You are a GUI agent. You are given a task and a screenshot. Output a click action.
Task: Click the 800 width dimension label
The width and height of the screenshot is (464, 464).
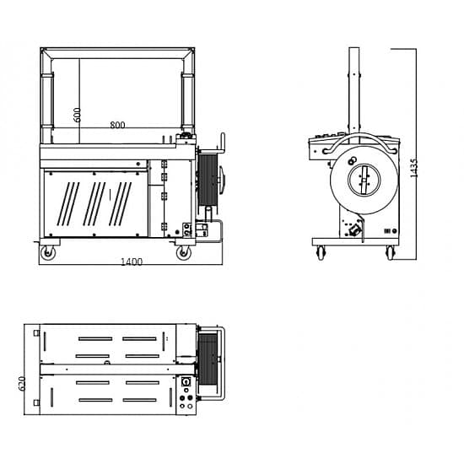point(117,125)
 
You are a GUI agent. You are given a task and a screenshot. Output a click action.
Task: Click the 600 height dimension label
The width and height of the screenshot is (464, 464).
point(77,115)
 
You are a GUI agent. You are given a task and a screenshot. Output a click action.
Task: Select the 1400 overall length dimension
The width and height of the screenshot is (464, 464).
point(132,262)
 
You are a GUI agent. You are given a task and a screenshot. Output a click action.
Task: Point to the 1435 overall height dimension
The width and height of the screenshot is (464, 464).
point(414,168)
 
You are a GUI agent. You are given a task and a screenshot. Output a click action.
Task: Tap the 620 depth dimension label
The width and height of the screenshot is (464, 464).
point(22,383)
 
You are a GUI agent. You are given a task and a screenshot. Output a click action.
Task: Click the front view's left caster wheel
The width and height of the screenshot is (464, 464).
point(47,253)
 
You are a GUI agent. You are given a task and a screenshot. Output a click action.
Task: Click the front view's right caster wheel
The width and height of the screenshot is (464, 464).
point(183,253)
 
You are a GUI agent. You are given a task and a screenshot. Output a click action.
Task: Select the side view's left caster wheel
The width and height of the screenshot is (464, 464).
point(321,253)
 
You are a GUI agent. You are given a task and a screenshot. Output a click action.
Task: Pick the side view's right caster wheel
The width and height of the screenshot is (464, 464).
point(390,253)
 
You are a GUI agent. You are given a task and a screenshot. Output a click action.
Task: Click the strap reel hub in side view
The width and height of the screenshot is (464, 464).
point(364,180)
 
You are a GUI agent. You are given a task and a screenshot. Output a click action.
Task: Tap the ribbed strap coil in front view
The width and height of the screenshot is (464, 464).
point(208,180)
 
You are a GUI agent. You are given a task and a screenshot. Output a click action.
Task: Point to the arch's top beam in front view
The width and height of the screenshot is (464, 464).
point(117,53)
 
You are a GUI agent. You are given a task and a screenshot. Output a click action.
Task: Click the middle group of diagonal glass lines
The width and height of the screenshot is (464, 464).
point(94,204)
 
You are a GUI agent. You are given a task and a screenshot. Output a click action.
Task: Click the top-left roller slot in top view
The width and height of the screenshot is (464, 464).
point(95,339)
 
